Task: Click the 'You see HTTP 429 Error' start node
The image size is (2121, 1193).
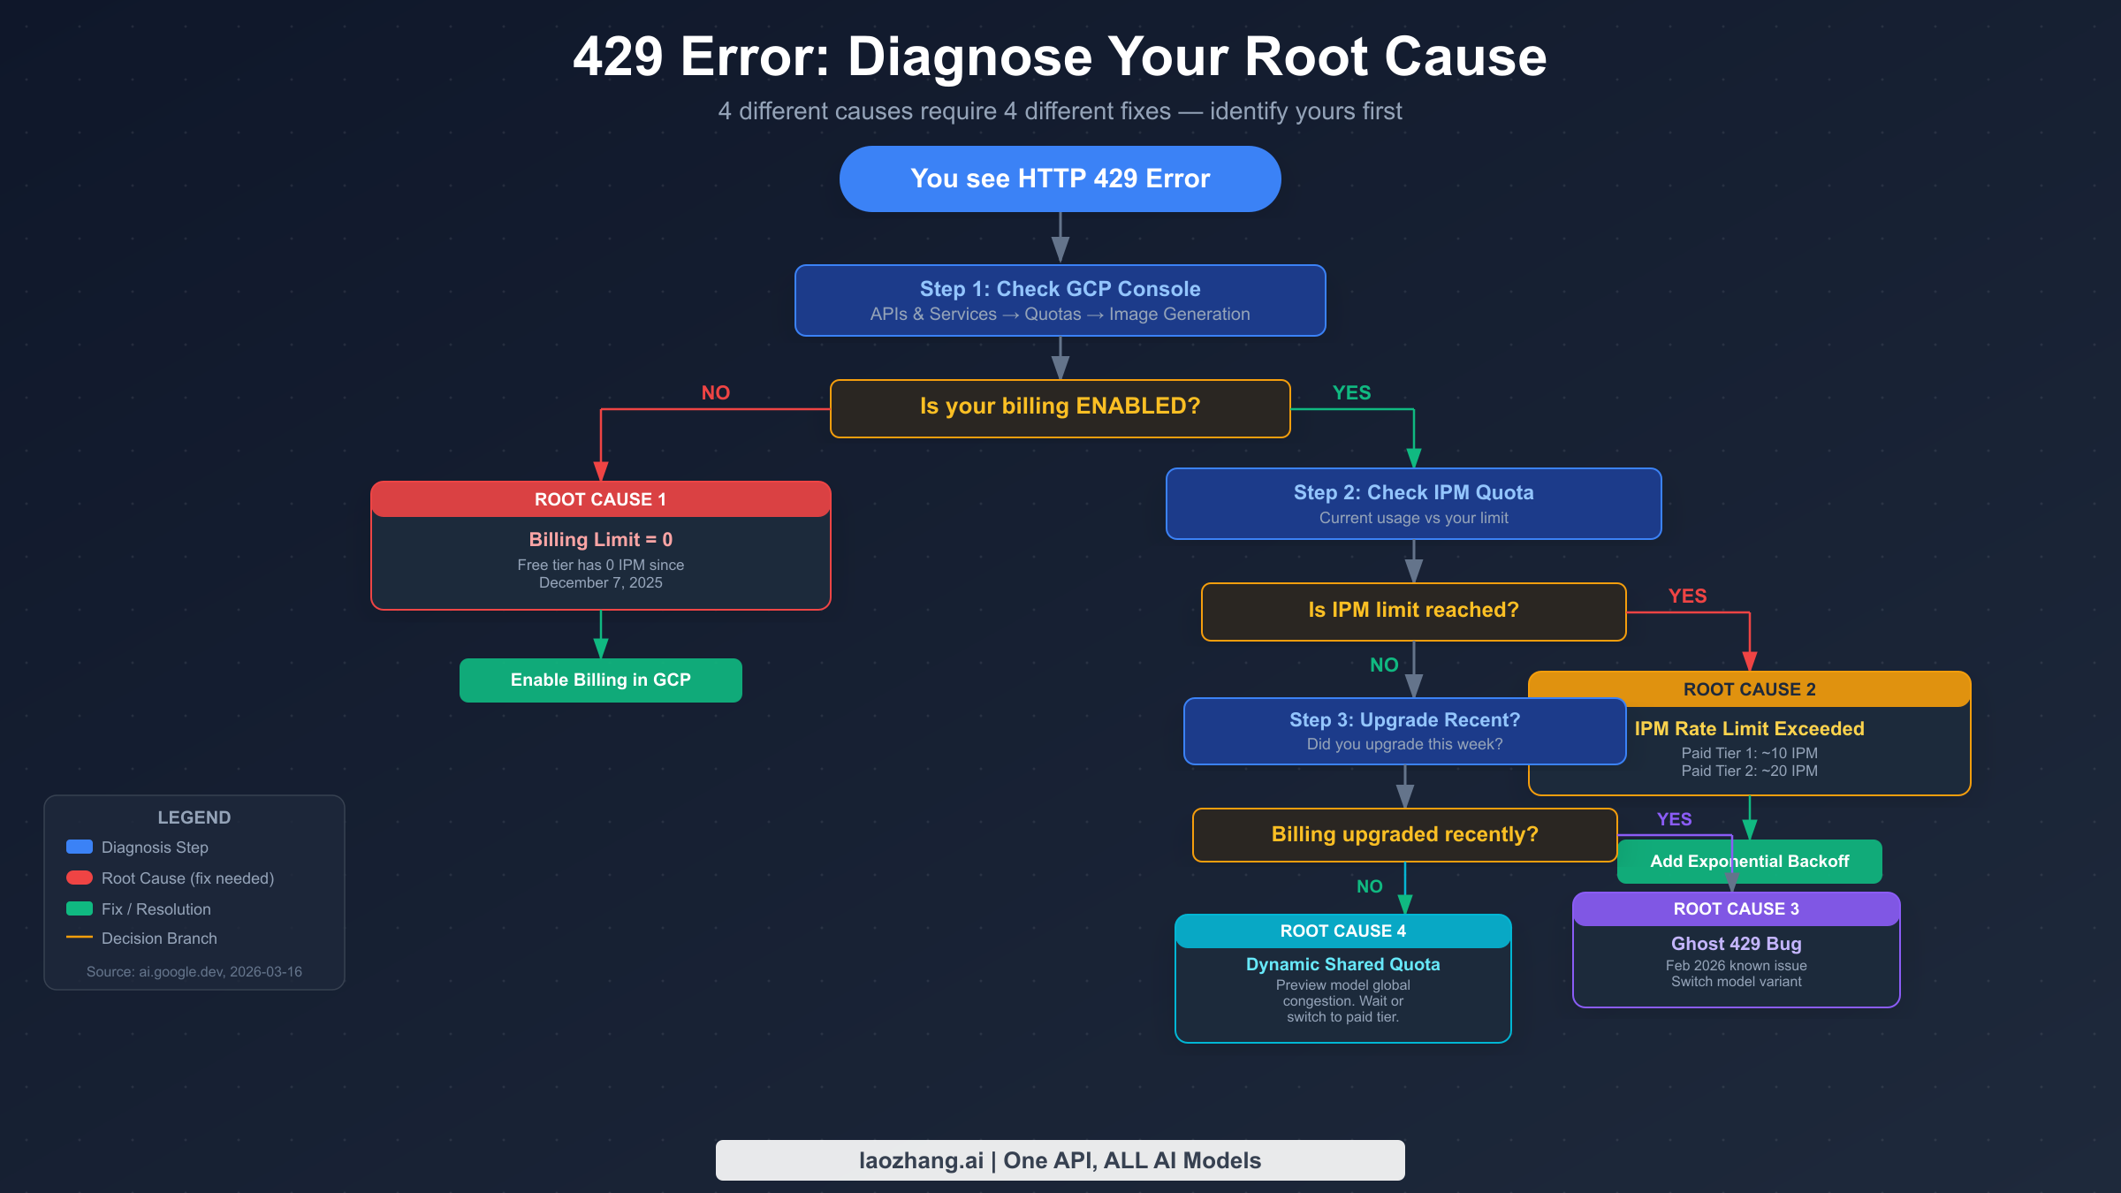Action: (x=1060, y=179)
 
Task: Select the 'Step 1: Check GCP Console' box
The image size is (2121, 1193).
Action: (x=1060, y=300)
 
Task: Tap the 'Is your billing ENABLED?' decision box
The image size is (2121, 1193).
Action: (x=1060, y=407)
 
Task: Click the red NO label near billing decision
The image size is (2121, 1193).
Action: (x=715, y=392)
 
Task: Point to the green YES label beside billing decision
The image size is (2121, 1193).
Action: (x=1351, y=392)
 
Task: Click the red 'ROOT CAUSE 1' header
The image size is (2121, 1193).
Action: (x=600, y=499)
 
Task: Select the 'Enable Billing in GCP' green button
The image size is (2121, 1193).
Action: (x=600, y=680)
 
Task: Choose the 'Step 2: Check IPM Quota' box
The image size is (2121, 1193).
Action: (x=1413, y=504)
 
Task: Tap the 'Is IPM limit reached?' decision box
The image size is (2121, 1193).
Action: (x=1413, y=611)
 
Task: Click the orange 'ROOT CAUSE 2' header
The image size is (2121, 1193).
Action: (x=1749, y=689)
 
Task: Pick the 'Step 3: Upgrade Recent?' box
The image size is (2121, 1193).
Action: (x=1404, y=731)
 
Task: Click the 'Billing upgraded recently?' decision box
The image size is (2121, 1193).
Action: (x=1404, y=834)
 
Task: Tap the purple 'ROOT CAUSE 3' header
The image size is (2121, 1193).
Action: (x=1736, y=909)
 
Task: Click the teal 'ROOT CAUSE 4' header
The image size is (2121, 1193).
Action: (x=1342, y=931)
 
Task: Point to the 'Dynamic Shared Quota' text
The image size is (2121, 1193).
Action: (x=1342, y=964)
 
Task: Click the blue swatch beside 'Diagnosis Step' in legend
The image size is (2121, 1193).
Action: (x=80, y=847)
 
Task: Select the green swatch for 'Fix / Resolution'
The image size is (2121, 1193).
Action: (x=80, y=908)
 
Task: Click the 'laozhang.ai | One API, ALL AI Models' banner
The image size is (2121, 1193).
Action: (x=1060, y=1160)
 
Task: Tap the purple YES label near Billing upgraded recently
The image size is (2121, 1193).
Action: (x=1674, y=819)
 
